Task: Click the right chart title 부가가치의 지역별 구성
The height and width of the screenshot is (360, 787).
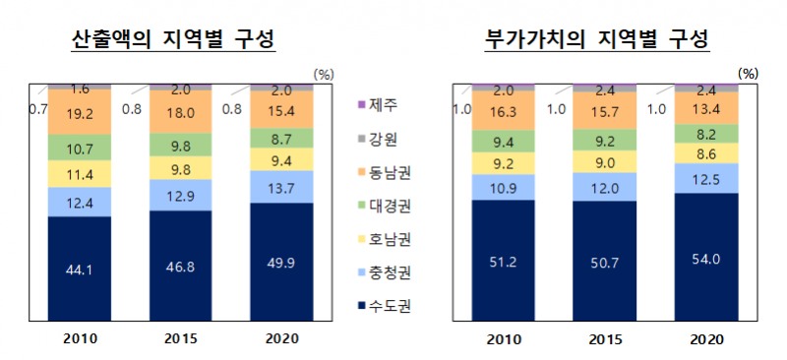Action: coord(597,39)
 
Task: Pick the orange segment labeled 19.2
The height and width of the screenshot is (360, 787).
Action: coord(93,113)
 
